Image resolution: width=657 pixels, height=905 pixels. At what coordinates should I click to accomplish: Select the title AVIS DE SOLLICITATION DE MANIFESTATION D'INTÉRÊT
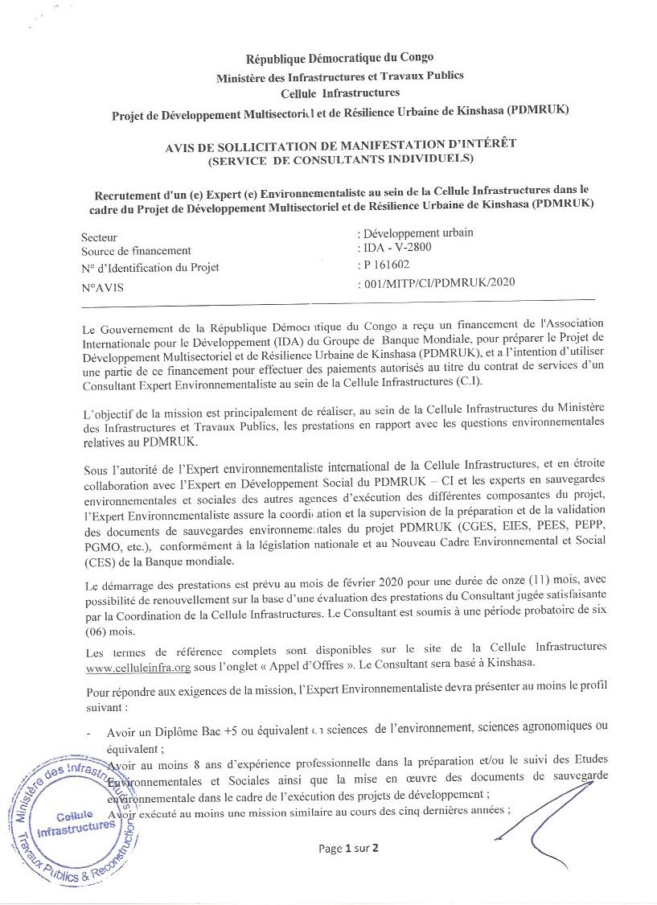point(340,143)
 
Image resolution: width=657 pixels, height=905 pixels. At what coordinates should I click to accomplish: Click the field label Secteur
point(99,237)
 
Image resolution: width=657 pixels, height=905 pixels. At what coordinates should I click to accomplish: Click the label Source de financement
point(136,251)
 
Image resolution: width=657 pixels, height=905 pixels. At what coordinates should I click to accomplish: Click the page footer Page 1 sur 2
point(347,848)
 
